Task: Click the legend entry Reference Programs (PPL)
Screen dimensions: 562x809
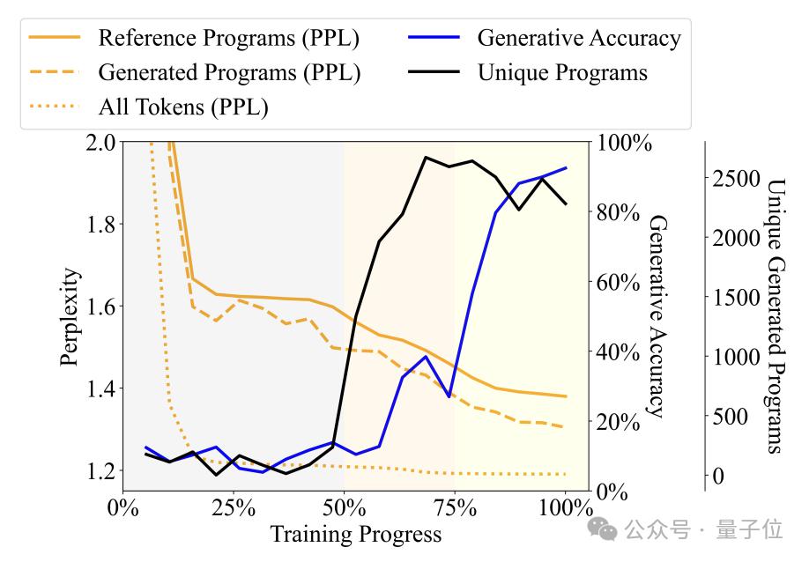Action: point(228,39)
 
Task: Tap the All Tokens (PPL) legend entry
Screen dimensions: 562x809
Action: point(183,107)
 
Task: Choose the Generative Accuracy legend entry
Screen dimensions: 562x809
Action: point(579,39)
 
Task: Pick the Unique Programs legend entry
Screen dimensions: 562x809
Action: point(562,73)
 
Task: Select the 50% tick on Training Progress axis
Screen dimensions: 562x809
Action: point(344,508)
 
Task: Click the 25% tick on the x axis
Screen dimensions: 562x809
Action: point(233,508)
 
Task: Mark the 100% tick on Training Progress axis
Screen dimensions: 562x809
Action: point(565,508)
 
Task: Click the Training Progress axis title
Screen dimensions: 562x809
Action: point(355,535)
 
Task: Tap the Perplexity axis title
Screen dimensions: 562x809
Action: point(71,316)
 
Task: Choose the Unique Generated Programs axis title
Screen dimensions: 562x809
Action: point(776,316)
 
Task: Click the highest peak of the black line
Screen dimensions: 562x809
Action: point(426,158)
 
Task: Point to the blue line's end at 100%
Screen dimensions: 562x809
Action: point(565,167)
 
